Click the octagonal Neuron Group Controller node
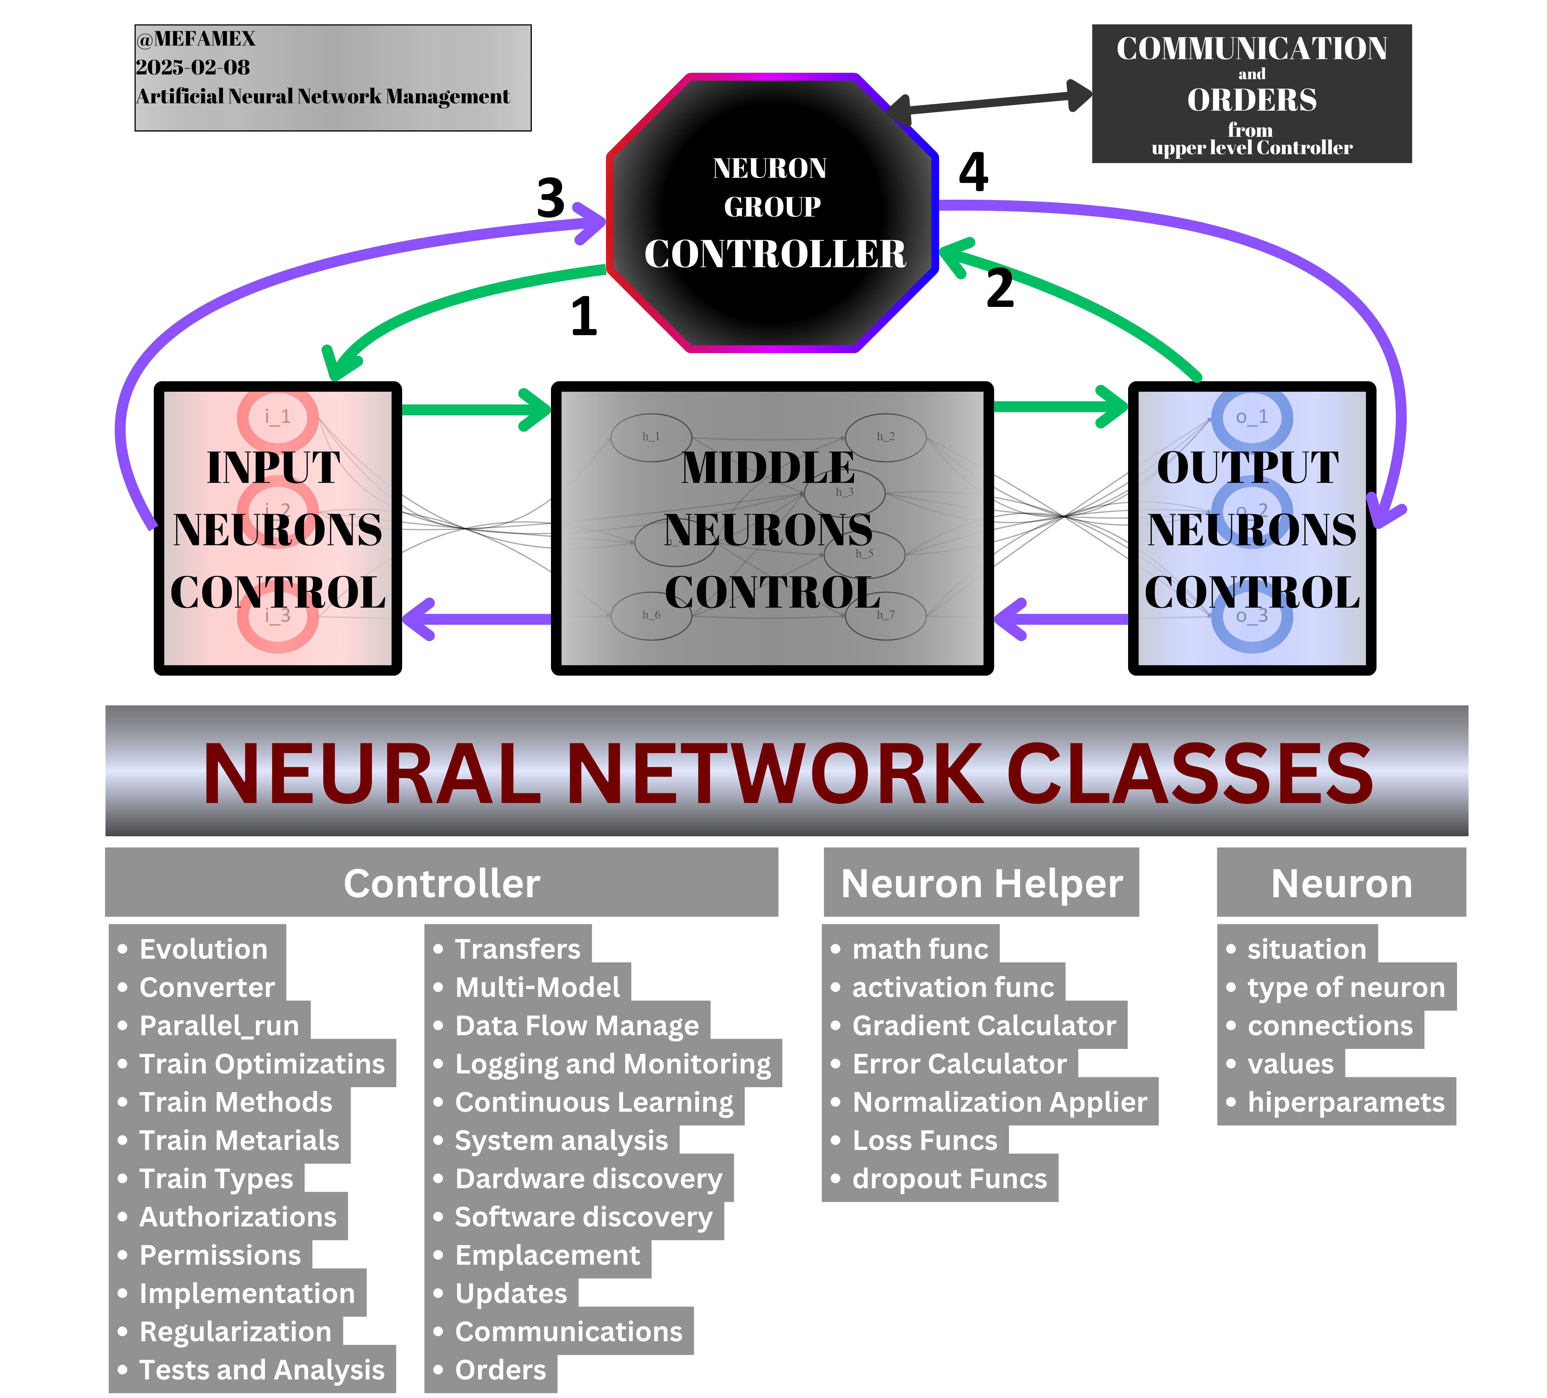coord(772,213)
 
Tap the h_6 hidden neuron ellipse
coord(651,615)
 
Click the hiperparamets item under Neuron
coord(1345,1103)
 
